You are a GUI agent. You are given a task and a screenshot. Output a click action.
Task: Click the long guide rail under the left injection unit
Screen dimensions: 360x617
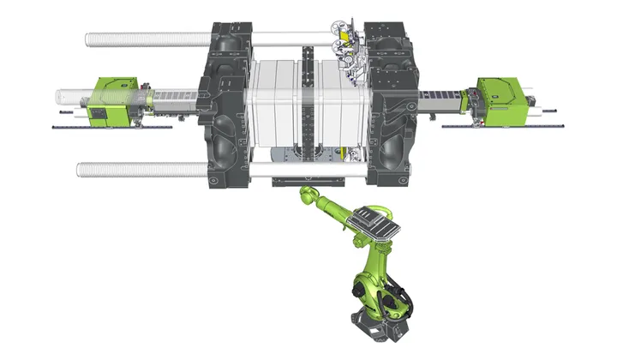click(x=111, y=128)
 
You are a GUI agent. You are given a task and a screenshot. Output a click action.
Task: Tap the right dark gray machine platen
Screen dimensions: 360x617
click(x=391, y=107)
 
